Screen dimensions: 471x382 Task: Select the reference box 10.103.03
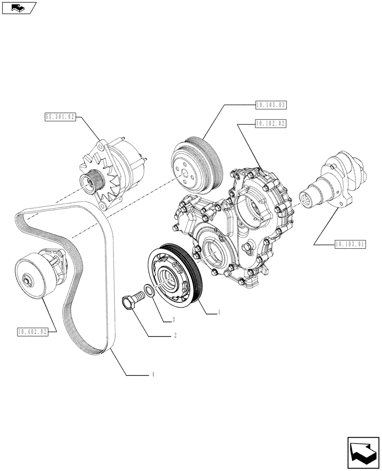(x=272, y=105)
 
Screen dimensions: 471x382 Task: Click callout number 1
(x=219, y=311)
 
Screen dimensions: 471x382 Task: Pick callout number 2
(x=175, y=336)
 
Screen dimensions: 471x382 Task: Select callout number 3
(x=174, y=320)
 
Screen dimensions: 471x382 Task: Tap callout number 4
(x=153, y=375)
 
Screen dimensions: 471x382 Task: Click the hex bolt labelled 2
(x=131, y=300)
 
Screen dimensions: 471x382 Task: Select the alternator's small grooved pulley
(x=91, y=181)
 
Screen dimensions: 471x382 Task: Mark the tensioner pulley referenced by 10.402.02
(x=35, y=277)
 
